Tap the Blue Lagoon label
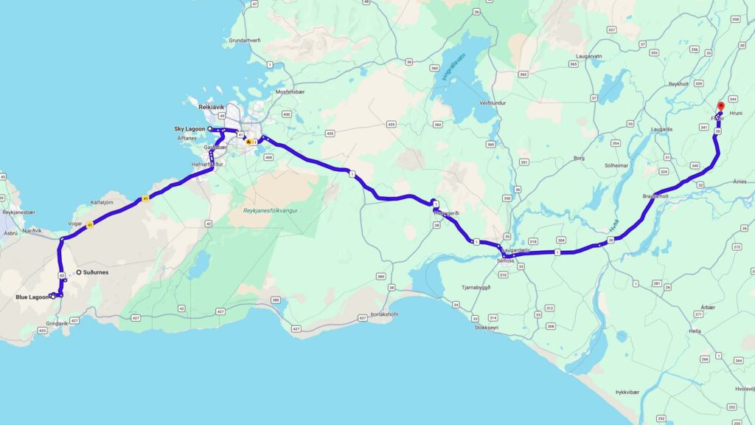click(32, 297)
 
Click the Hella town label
click(695, 331)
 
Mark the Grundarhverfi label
click(245, 40)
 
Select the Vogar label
click(74, 222)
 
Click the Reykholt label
click(678, 85)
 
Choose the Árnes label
click(740, 182)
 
